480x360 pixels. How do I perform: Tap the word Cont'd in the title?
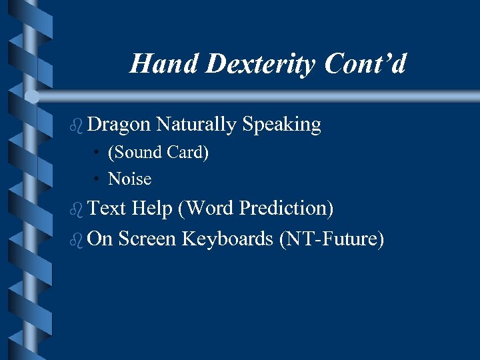click(365, 64)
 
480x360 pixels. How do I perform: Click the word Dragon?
click(119, 125)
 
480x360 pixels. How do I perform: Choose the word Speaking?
click(281, 125)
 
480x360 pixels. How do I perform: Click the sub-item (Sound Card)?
click(159, 153)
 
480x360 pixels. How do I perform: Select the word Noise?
click(130, 179)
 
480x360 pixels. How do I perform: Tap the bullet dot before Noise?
click(97, 179)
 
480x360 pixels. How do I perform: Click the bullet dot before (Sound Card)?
click(97, 153)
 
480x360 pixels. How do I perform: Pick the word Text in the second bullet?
click(107, 209)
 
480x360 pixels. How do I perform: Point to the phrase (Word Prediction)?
click(255, 209)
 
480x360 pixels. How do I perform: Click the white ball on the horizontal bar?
click(32, 97)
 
